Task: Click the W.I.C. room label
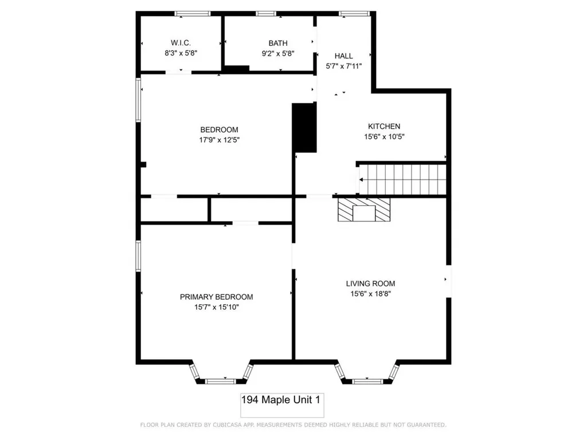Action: coord(180,43)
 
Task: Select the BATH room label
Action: coord(278,43)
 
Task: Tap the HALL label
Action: coord(343,56)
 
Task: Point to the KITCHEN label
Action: coord(383,126)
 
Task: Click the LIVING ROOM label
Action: coord(370,283)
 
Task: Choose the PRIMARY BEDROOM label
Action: coord(216,297)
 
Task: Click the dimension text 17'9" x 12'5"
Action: coord(219,139)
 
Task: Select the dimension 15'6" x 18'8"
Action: coord(370,293)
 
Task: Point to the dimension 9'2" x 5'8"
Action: coord(278,53)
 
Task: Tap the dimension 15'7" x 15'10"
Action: coord(216,307)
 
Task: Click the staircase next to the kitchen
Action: coord(403,180)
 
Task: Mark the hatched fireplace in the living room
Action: coord(363,210)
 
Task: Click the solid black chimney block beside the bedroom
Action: coord(304,128)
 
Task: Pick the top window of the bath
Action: coord(265,13)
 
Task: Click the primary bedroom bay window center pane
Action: coord(220,380)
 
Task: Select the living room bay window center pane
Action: coord(366,380)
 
